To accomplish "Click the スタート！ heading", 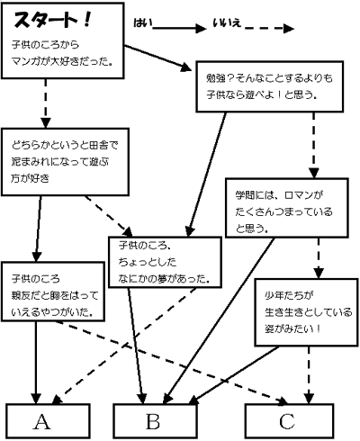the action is pos(52,21).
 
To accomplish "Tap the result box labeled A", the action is pos(48,421).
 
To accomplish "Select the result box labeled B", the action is pos(156,421).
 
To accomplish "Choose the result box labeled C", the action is pos(289,421).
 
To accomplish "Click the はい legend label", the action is pos(143,22).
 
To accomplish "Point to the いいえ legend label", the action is pos(227,22).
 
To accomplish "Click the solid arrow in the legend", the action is pos(179,29).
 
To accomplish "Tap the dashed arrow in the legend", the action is pos(269,29).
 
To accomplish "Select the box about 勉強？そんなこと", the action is pos(270,86).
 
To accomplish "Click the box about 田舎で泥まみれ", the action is pos(65,162).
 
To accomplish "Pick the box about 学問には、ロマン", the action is pos(287,208).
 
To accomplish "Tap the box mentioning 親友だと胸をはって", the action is pos(53,292).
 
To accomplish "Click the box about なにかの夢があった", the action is pos(165,263).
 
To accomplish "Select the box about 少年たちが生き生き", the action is pos(306,312).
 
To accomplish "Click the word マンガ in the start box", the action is pos(26,61).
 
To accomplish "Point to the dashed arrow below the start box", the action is pos(46,103).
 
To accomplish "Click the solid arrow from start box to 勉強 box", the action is pos(157,58).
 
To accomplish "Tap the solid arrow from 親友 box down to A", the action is pos(36,363).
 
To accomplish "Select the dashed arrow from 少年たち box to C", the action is pos(309,375).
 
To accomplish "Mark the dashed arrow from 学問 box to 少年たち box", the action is pos(319,258).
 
